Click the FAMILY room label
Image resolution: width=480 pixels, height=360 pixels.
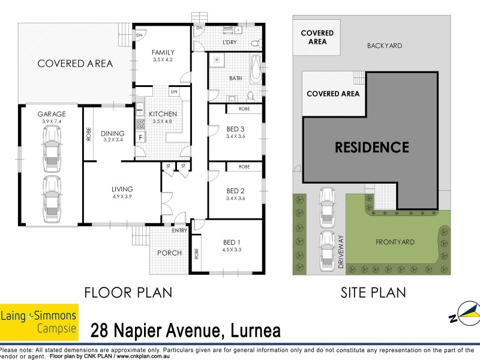[163, 52]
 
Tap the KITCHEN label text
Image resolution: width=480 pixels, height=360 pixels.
[163, 113]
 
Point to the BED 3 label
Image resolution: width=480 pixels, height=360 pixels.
[235, 129]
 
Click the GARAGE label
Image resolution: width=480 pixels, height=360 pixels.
[51, 113]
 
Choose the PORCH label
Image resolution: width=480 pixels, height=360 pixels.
[169, 253]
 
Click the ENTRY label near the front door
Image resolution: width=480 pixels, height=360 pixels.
[179, 230]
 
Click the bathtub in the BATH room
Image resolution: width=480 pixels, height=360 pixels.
[256, 72]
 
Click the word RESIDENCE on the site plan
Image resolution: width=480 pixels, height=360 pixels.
[371, 147]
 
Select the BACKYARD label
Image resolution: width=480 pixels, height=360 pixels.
[384, 46]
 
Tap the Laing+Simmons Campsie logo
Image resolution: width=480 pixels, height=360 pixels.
[39, 320]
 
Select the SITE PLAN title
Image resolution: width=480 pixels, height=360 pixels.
[372, 293]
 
